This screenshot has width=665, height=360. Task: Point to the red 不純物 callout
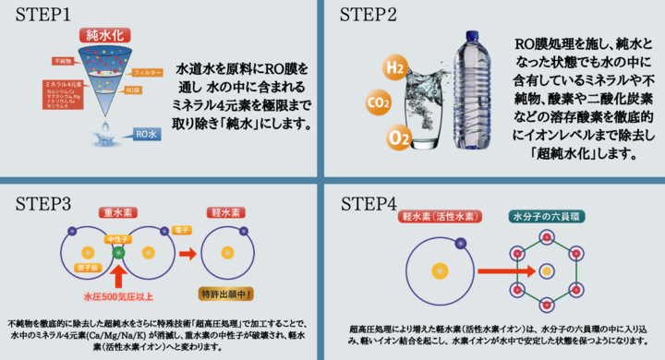(x=64, y=60)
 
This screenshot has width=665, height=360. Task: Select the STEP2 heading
(x=370, y=16)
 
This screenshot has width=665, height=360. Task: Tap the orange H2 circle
(x=394, y=68)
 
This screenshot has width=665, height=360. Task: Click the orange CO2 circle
(x=378, y=102)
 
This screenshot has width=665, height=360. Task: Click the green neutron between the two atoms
(x=117, y=251)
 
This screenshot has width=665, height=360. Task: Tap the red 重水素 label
(x=120, y=210)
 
